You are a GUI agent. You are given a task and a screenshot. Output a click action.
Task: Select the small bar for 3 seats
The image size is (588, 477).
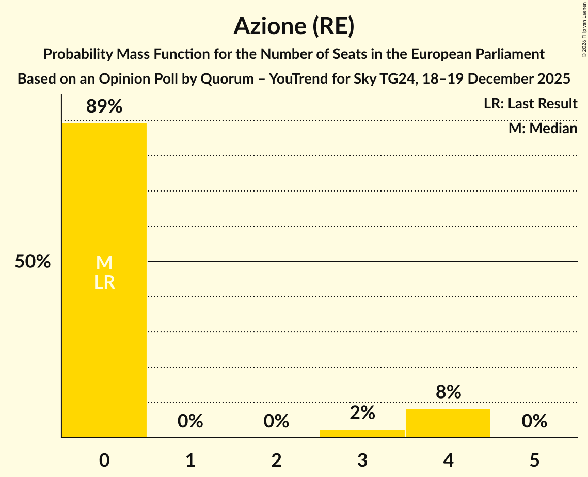(362, 434)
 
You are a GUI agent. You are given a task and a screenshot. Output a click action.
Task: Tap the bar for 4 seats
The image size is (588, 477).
(448, 423)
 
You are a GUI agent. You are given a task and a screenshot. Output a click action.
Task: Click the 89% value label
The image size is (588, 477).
(104, 106)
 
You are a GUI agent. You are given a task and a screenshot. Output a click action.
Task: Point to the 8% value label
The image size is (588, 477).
(448, 392)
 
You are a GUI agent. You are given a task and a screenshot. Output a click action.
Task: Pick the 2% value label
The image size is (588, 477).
(362, 412)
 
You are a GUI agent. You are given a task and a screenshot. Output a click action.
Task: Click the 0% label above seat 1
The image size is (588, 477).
(190, 421)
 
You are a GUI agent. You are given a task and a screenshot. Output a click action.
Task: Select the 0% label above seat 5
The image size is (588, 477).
(534, 421)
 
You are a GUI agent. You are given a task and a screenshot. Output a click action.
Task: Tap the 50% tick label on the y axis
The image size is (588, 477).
(33, 262)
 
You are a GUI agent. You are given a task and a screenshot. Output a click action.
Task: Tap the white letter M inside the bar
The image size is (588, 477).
(104, 262)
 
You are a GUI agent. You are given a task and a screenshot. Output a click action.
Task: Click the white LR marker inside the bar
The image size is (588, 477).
(104, 282)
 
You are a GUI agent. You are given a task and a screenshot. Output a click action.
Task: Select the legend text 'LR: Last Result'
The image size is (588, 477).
(530, 104)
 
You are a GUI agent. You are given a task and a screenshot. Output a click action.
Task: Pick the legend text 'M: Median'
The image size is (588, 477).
(543, 128)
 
